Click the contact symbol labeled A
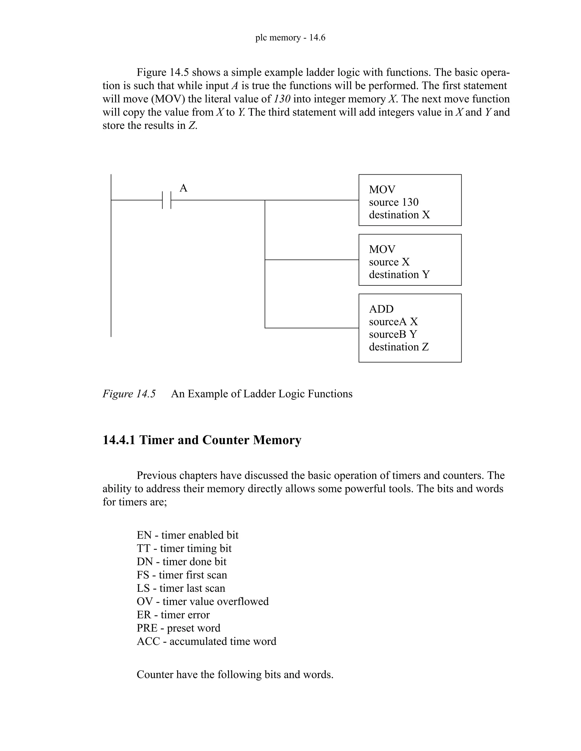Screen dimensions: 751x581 coord(167,200)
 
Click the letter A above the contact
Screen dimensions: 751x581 coord(184,188)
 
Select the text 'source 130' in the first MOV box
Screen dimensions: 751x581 coord(393,202)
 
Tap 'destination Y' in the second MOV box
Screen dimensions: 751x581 coord(399,275)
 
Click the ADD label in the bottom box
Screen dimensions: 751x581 coord(381,309)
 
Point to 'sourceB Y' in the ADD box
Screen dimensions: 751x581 coord(393,334)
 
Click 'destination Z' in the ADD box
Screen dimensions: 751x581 coord(399,347)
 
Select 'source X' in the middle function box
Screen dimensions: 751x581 coord(389,262)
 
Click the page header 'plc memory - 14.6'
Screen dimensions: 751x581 coord(290,37)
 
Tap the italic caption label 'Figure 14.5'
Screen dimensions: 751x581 coord(129,394)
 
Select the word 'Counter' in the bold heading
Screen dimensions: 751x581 coord(226,440)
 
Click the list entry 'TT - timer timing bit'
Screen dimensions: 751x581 coord(184,548)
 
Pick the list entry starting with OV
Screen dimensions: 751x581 coord(202,601)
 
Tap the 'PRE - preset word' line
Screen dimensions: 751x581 coord(178,628)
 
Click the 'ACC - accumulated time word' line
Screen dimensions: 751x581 coord(206,641)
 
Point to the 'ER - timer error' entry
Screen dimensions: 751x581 coord(173,615)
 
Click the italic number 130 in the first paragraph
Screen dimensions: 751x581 coord(282,99)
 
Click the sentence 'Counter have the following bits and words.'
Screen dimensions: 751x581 coord(235,675)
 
